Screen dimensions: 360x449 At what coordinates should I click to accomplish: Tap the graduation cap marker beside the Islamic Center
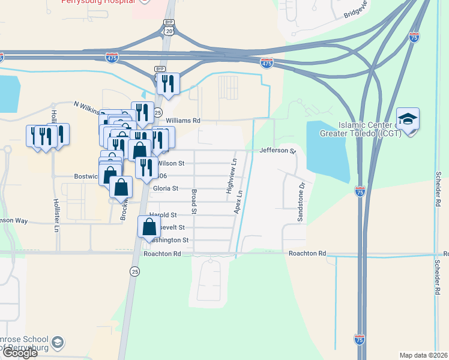click(x=408, y=120)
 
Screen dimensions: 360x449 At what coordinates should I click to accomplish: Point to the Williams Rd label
click(x=182, y=121)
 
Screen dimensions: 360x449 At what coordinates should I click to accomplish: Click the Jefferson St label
click(x=278, y=151)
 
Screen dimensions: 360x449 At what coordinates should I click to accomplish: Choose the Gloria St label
click(x=166, y=188)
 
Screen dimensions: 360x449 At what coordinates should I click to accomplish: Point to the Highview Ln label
click(x=231, y=176)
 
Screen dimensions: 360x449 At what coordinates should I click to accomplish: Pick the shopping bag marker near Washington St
click(x=149, y=228)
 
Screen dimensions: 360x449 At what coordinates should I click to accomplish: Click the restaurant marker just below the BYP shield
click(x=168, y=85)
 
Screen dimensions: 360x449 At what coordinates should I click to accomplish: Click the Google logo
click(x=20, y=353)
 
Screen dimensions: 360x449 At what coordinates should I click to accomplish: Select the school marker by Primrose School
click(x=58, y=343)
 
